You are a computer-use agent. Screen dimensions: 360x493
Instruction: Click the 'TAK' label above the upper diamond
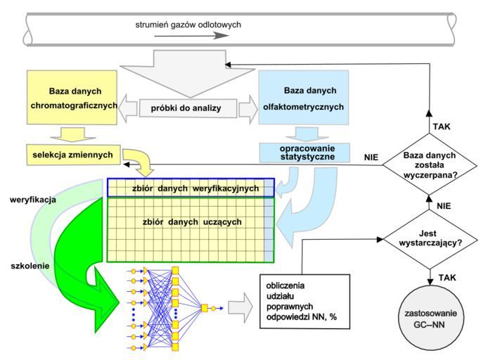coord(443,127)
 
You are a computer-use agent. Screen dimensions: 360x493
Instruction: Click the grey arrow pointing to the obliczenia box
coord(240,307)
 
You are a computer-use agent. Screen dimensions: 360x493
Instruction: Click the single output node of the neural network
coord(205,308)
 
